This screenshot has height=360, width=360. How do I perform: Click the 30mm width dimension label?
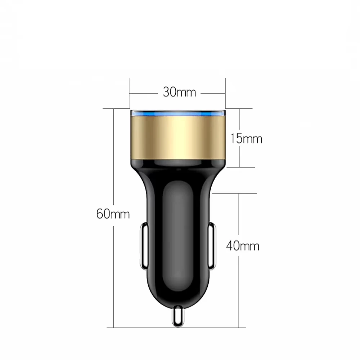[179, 93]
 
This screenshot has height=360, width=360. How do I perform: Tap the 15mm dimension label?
[247, 139]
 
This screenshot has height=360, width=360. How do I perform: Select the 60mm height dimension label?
[113, 214]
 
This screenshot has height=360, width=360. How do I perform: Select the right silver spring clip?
[212, 247]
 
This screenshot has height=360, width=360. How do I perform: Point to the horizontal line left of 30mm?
[144, 93]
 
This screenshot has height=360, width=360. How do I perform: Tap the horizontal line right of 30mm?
[212, 93]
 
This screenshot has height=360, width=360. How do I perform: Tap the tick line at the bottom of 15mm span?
[241, 167]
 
